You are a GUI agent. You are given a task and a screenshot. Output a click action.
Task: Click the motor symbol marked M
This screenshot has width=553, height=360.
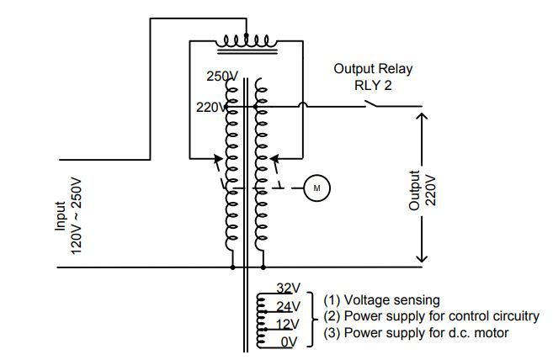click(x=316, y=188)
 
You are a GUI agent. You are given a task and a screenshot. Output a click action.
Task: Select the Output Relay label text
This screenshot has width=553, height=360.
click(x=373, y=68)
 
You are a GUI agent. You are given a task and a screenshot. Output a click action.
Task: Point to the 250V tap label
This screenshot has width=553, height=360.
click(x=221, y=77)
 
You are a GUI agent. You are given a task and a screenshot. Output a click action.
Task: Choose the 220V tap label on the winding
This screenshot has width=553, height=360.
click(x=210, y=107)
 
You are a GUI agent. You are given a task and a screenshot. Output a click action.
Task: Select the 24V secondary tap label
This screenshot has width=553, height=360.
click(x=288, y=306)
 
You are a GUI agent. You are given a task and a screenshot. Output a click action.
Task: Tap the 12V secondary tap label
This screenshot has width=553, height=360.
click(x=288, y=325)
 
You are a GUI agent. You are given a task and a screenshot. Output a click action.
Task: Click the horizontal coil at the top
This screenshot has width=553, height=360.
click(x=244, y=40)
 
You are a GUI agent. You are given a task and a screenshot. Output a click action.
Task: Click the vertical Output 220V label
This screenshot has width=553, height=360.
click(x=423, y=192)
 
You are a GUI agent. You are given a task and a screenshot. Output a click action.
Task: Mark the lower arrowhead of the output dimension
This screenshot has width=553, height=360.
click(x=421, y=262)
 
